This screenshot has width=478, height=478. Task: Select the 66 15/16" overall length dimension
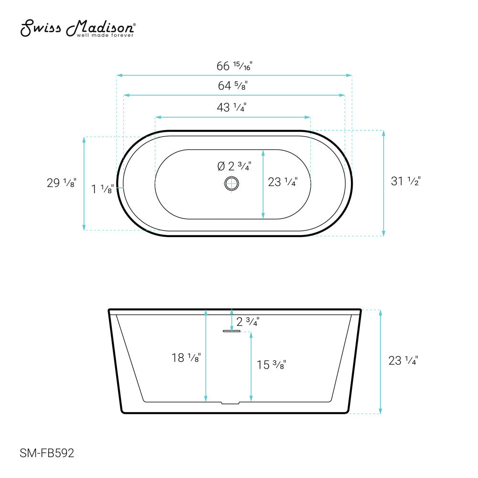[234, 66]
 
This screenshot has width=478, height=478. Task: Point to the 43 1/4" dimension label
[231, 108]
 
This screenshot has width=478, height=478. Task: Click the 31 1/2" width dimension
[405, 181]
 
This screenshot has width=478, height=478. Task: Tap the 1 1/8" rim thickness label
[103, 189]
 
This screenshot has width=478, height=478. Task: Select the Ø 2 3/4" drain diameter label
[234, 166]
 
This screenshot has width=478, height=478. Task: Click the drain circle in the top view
[231, 184]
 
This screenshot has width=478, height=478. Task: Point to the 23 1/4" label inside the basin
[282, 182]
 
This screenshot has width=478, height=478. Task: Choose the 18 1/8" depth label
[186, 357]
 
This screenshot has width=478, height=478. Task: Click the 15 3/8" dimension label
[271, 365]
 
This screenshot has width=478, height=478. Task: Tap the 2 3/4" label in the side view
[248, 322]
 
